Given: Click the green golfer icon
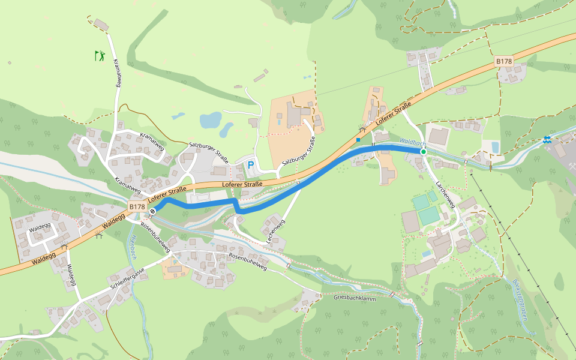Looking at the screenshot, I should click(100, 56).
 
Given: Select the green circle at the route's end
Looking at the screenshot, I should click(423, 152).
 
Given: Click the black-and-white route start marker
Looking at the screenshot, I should click(154, 211).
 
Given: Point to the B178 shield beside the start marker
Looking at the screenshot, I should click(137, 206).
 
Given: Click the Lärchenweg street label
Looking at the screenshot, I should click(446, 195).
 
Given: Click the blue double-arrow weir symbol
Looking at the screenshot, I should click(547, 140).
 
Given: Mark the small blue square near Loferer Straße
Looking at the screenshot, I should click(358, 140).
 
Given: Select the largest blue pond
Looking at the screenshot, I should click(211, 121).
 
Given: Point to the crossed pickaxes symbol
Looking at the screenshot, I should click(361, 129).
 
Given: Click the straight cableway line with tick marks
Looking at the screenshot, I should click(522, 252).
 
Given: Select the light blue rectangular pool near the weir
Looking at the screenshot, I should click(495, 147).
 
